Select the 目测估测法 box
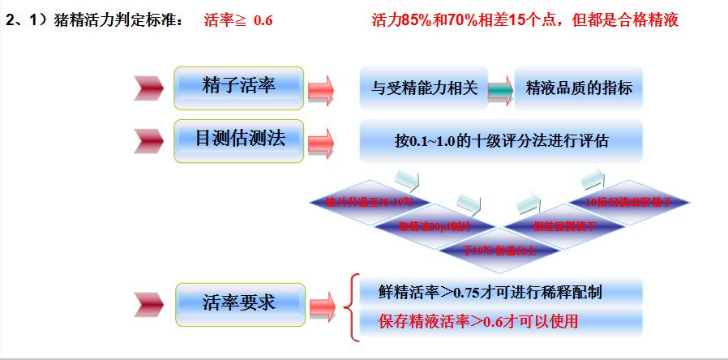239,139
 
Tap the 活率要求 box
239,303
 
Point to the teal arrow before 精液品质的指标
499,89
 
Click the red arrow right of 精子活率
321,88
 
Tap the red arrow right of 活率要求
321,306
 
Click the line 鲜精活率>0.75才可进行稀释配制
490,291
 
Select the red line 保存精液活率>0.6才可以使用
478,321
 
